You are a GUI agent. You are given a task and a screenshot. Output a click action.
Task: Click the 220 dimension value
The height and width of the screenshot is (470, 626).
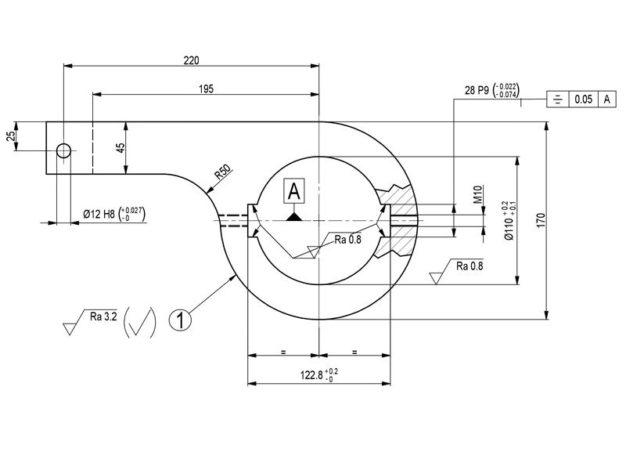click(x=191, y=60)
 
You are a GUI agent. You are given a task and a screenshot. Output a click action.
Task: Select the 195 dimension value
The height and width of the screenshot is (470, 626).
click(x=206, y=89)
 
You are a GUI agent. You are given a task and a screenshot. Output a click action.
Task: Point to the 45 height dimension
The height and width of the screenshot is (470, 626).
click(x=121, y=148)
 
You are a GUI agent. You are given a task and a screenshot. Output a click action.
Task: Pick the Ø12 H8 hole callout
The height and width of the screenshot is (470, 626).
click(x=114, y=214)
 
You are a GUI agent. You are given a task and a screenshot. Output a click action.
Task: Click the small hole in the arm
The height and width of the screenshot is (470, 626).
click(x=63, y=150)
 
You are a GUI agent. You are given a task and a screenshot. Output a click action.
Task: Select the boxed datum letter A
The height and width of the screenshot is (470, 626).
click(x=294, y=190)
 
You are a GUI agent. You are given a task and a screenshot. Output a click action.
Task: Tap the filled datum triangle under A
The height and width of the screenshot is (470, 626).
click(x=294, y=215)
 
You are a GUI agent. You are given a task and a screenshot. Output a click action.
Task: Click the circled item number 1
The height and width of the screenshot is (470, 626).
click(x=180, y=320)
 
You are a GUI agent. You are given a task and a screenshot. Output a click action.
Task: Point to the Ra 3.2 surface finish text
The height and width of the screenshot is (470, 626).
click(x=103, y=316)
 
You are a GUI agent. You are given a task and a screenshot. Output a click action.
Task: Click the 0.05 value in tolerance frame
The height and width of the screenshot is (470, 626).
click(x=583, y=99)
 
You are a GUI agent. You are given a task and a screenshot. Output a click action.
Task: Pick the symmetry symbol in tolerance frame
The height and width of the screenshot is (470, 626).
click(x=557, y=99)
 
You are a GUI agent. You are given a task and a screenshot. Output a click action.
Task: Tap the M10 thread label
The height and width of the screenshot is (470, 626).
click(x=478, y=194)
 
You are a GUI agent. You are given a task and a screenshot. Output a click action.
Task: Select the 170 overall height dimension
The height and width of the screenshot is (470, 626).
click(x=539, y=221)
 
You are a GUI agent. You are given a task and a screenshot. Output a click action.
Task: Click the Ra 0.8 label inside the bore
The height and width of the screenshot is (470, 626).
click(x=347, y=239)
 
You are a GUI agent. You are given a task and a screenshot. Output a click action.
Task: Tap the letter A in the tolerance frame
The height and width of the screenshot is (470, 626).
click(x=606, y=99)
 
